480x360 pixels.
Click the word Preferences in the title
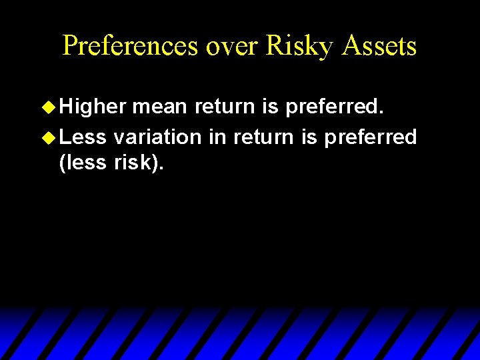click(x=131, y=45)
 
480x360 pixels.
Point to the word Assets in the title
click(x=380, y=45)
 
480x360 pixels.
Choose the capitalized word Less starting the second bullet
click(x=83, y=137)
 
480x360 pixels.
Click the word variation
click(x=157, y=137)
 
